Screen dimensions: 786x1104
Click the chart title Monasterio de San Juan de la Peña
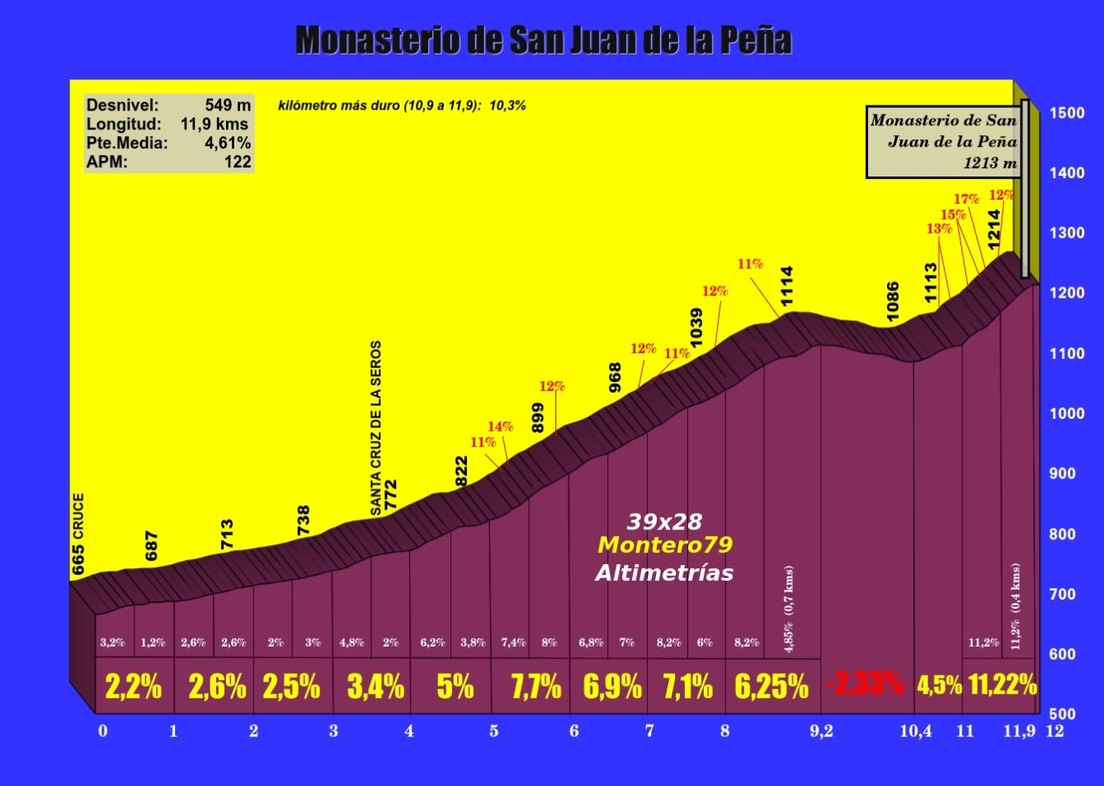pos(544,40)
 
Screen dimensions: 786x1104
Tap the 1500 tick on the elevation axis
pos(1067,113)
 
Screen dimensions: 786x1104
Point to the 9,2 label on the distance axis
pos(821,731)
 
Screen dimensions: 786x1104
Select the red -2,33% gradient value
pos(865,684)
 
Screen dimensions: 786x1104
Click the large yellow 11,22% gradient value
pos(1003,685)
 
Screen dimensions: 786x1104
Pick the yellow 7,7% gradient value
pos(535,686)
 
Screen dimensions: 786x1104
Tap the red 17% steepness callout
pos(966,199)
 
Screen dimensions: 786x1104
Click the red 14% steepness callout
pos(500,426)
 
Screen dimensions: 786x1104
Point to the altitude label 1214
pos(994,228)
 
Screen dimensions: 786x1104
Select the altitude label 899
pos(538,418)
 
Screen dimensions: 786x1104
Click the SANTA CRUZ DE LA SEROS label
pos(376,427)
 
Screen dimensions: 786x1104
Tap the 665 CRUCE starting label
pos(78,534)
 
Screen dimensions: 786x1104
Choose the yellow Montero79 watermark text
pos(665,545)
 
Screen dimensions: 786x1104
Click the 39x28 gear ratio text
pos(664,521)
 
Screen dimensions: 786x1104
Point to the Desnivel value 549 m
pos(228,106)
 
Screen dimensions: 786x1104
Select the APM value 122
pos(238,162)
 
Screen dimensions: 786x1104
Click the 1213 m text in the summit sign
pos(990,162)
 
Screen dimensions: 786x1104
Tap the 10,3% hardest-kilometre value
pos(507,106)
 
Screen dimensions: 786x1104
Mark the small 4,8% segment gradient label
pos(351,642)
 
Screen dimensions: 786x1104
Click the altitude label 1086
pos(893,301)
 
